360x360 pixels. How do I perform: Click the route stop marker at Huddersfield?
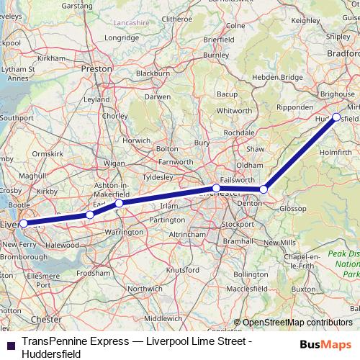pyautogui.click(x=336, y=117)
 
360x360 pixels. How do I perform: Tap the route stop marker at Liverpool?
pyautogui.click(x=23, y=223)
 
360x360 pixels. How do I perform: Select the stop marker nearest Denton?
pyautogui.click(x=264, y=189)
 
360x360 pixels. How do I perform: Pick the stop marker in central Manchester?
pyautogui.click(x=217, y=188)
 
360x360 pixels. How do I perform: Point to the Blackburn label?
pyautogui.click(x=153, y=73)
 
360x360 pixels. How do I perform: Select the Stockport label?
pyautogui.click(x=238, y=224)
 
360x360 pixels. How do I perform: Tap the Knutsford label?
pyautogui.click(x=183, y=269)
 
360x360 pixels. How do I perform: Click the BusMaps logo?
pyautogui.click(x=326, y=344)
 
